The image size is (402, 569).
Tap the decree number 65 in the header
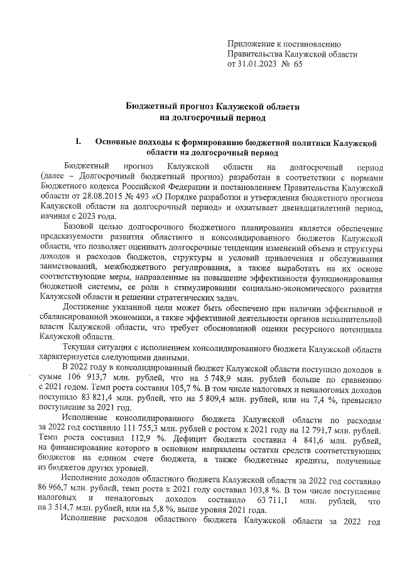point(296,64)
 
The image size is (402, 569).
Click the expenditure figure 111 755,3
point(117,428)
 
